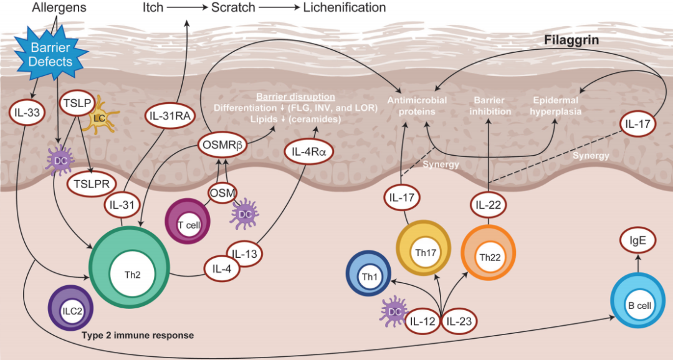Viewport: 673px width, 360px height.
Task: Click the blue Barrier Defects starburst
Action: (x=50, y=54)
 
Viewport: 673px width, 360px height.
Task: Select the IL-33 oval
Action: (x=27, y=113)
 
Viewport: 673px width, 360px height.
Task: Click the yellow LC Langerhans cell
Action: (x=98, y=116)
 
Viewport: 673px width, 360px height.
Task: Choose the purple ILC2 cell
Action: (x=71, y=311)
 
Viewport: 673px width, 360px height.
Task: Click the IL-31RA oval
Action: (x=170, y=115)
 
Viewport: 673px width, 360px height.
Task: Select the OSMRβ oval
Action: (x=222, y=145)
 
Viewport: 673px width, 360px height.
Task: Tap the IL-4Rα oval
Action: (x=308, y=151)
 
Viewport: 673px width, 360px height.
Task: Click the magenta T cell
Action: (x=188, y=220)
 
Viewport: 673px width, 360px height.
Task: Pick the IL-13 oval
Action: (x=244, y=253)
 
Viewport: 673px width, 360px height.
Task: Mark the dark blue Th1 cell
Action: (x=368, y=274)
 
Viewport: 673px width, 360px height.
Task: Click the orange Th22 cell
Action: (x=489, y=253)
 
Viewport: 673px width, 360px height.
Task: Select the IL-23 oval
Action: (x=459, y=321)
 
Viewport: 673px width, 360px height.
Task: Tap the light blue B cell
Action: (x=637, y=301)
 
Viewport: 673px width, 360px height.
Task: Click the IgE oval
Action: (x=638, y=240)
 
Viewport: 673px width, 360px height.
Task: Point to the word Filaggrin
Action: (x=571, y=40)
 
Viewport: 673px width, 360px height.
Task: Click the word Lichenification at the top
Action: (x=345, y=7)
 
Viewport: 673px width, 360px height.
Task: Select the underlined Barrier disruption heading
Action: (x=296, y=97)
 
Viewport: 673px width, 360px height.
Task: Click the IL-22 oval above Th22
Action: (x=489, y=205)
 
